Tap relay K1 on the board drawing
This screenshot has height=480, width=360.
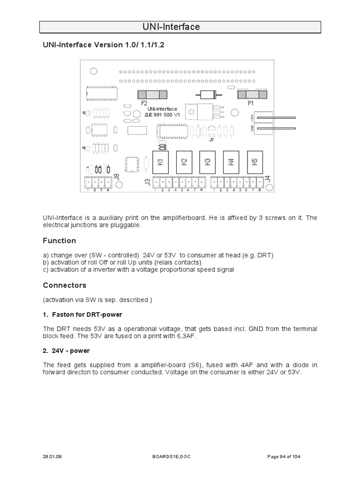(x=160, y=162)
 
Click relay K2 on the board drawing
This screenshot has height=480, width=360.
(x=184, y=162)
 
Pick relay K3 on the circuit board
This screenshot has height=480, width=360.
(x=207, y=162)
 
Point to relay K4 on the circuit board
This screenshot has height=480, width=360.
(x=231, y=162)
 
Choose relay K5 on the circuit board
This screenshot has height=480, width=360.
(x=255, y=162)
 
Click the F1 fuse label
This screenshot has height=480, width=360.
(x=250, y=102)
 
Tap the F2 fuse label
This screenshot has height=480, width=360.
(x=143, y=102)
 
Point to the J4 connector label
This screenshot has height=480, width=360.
(x=267, y=178)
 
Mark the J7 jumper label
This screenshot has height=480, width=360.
(x=211, y=139)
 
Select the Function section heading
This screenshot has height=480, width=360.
(x=60, y=240)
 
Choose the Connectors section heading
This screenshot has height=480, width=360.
(x=65, y=285)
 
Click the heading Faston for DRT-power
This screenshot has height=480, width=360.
(x=86, y=314)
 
